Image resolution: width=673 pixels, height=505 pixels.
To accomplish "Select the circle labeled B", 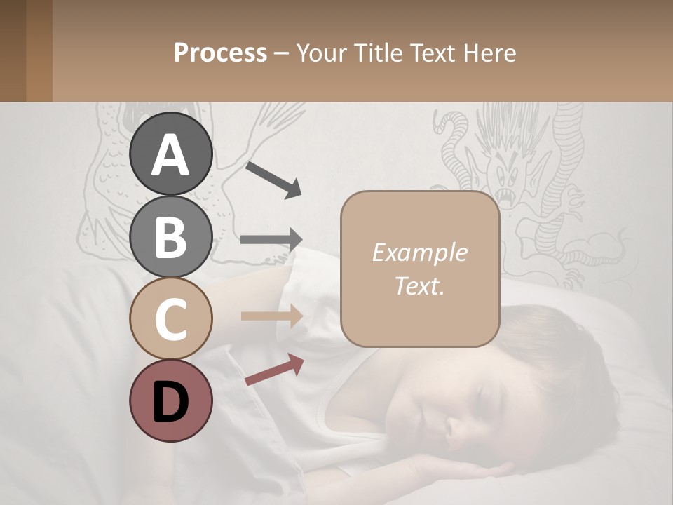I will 170,236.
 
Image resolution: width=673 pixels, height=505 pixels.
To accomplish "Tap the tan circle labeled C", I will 170,318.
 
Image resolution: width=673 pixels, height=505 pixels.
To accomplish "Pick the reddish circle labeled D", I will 170,400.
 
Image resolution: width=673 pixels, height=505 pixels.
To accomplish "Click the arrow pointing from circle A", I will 273,178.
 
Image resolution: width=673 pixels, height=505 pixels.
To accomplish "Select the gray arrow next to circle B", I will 272,239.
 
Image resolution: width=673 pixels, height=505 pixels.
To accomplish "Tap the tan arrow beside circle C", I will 272,316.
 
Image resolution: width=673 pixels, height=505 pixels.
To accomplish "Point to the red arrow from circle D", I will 274,370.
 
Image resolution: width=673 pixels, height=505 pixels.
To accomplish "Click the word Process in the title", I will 220,53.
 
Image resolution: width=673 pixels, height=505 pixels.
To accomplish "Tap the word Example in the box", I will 419,252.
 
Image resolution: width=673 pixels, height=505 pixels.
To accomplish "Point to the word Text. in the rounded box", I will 419,285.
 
